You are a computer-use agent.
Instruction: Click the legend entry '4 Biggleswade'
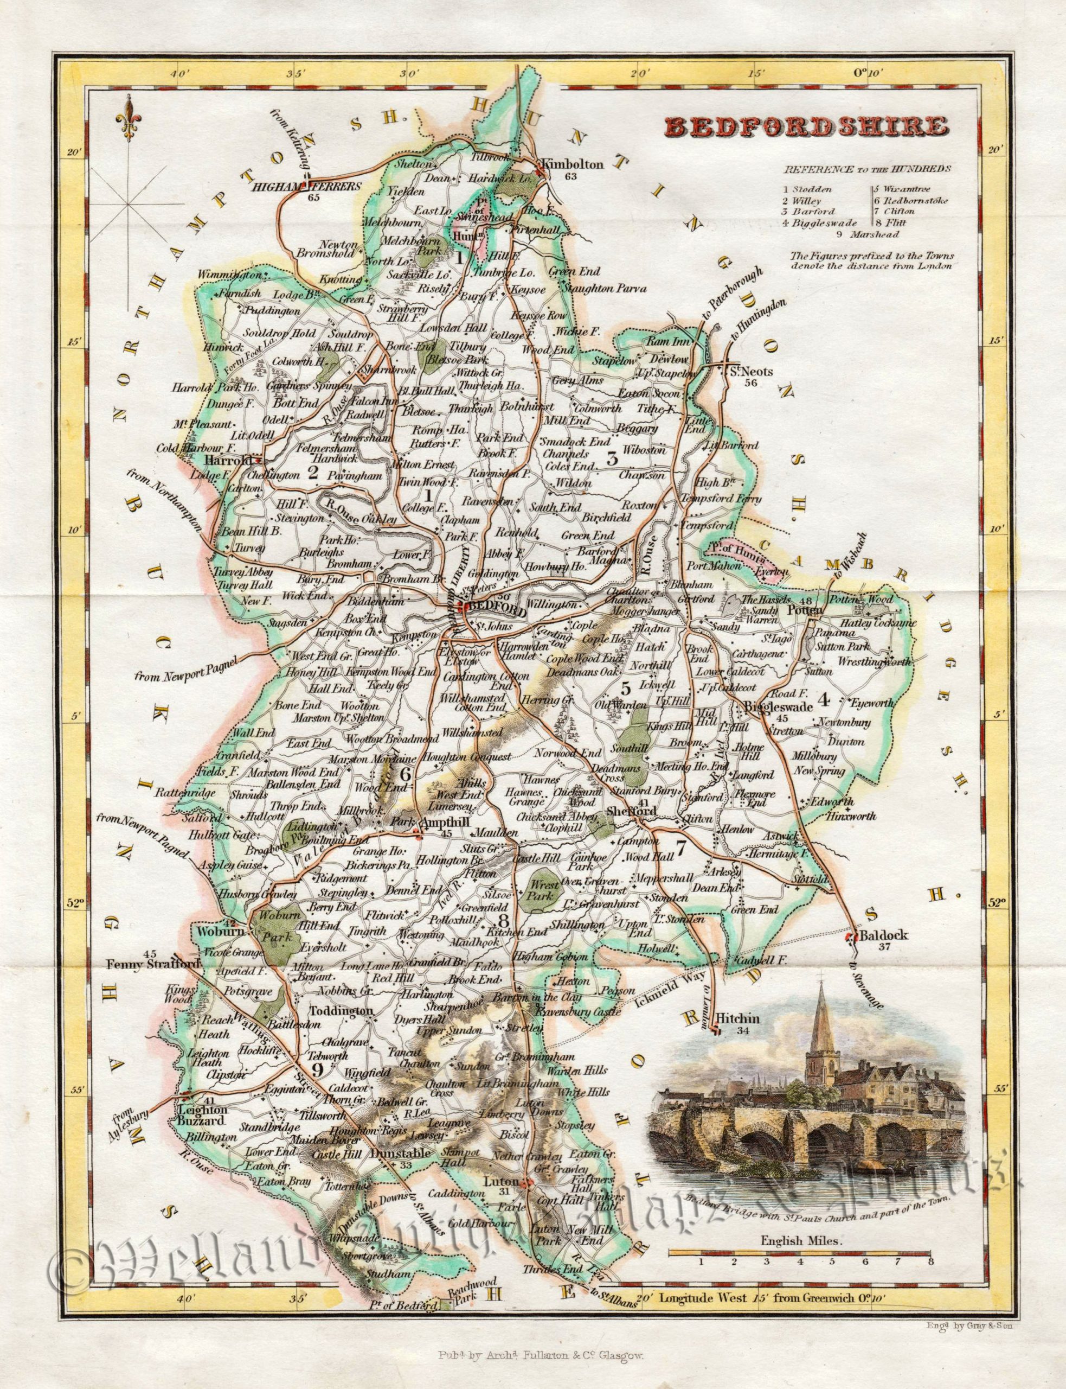[x=819, y=222]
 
